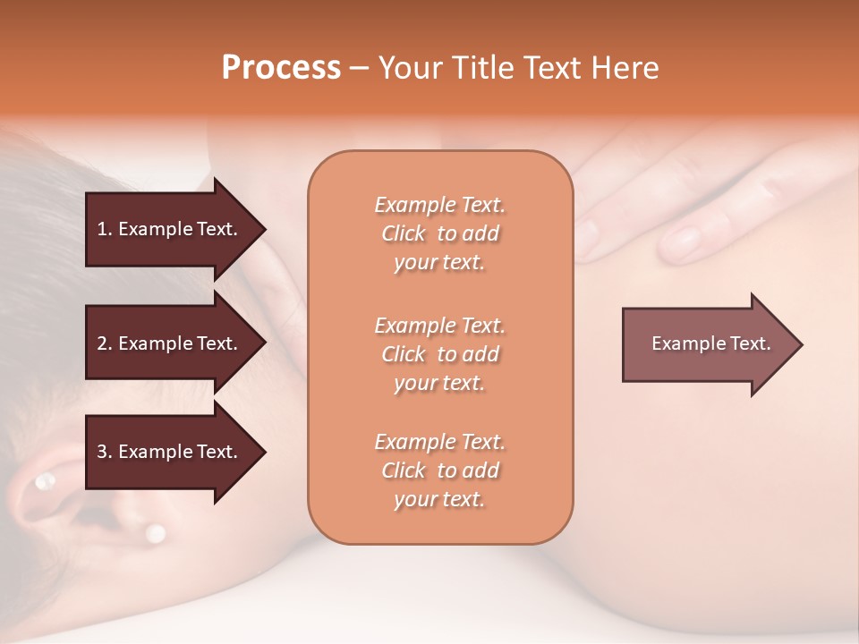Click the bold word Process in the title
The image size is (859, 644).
pos(281,68)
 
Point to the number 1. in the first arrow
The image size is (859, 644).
pos(105,229)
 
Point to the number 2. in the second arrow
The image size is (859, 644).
pos(105,343)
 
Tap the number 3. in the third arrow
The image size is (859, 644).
pos(105,452)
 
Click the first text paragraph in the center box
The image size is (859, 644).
pos(439,233)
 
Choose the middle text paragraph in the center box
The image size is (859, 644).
pos(439,354)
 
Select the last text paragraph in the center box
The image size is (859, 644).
pos(439,470)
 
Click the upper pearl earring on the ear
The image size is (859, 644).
pos(43,482)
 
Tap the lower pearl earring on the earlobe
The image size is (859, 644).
pos(155,533)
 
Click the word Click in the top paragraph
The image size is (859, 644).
pos(404,233)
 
